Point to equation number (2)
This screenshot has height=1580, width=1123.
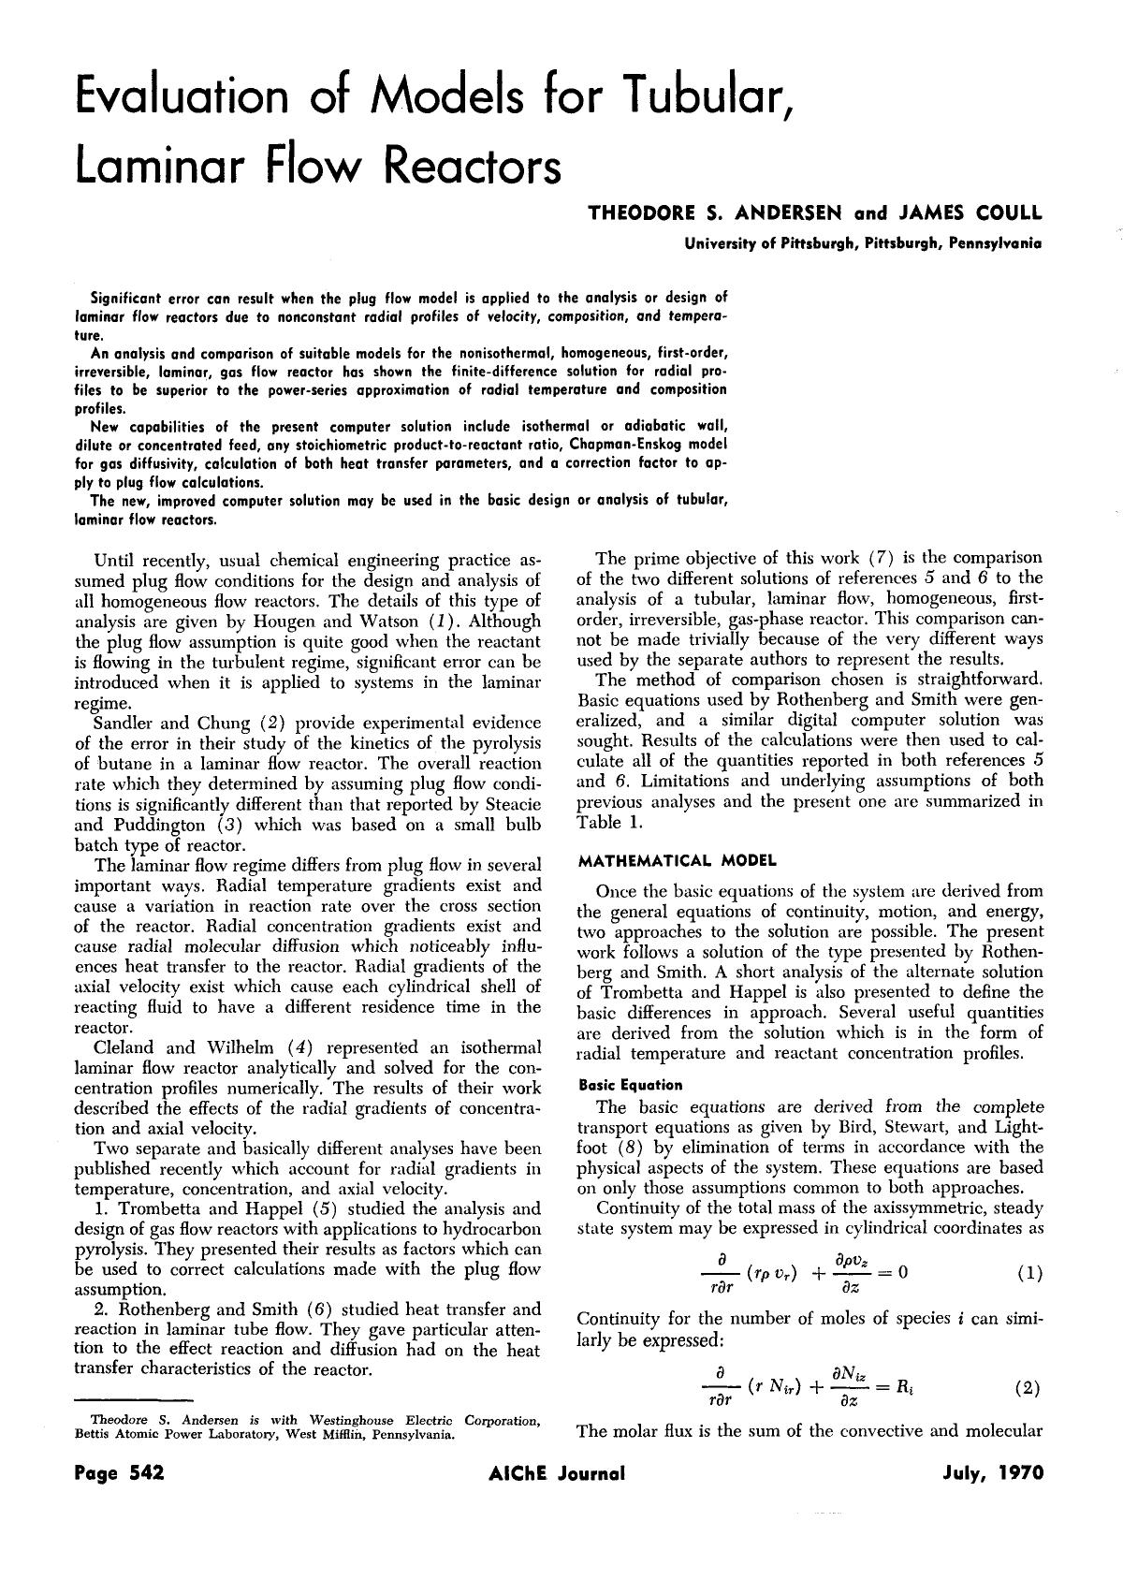[1028, 1388]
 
